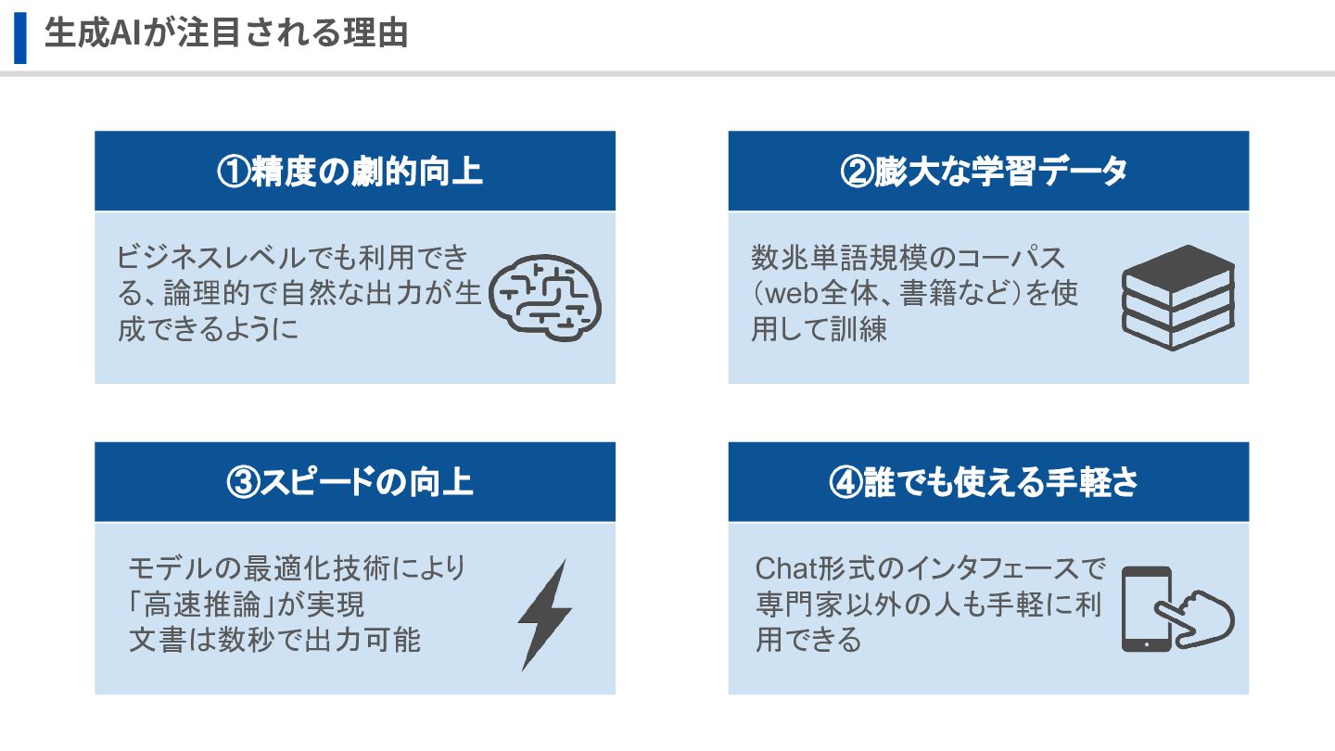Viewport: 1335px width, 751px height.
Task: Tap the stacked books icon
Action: pyautogui.click(x=1178, y=297)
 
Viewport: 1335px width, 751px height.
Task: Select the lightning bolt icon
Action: pyautogui.click(x=544, y=614)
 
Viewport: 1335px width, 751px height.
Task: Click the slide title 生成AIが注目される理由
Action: pyautogui.click(x=226, y=35)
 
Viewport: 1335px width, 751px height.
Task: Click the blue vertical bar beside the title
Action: pyautogui.click(x=20, y=37)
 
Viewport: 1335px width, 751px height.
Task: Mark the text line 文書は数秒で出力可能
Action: pyautogui.click(x=274, y=640)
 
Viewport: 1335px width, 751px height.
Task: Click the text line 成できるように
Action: pyautogui.click(x=209, y=330)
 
